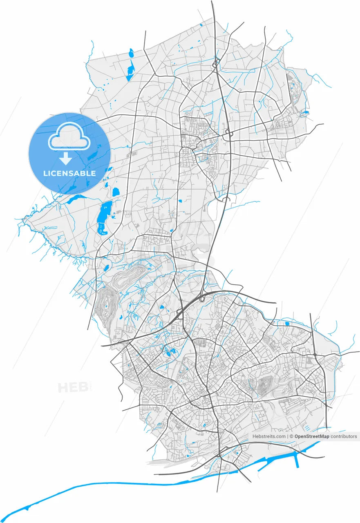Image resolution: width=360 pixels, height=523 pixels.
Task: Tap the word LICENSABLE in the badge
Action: pyautogui.click(x=69, y=173)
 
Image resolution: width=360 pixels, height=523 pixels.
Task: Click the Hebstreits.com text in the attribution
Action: pyautogui.click(x=269, y=436)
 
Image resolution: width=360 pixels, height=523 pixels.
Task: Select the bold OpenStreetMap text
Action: pyautogui.click(x=312, y=436)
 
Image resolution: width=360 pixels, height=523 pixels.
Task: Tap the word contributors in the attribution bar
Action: pyautogui.click(x=344, y=436)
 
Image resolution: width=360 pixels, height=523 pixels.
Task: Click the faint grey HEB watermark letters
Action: pyautogui.click(x=73, y=387)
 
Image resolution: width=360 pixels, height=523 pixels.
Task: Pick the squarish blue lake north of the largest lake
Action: pyautogui.click(x=116, y=191)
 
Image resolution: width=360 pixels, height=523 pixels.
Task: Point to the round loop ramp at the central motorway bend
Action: pyautogui.click(x=201, y=299)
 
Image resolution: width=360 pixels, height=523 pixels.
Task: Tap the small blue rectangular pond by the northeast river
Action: pyautogui.click(x=287, y=324)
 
